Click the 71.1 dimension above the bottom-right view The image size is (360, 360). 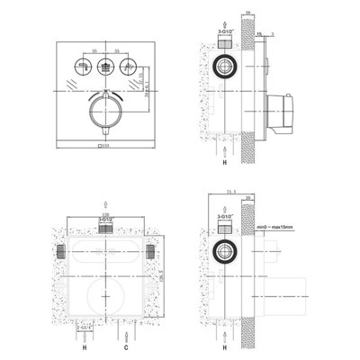[232, 192]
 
